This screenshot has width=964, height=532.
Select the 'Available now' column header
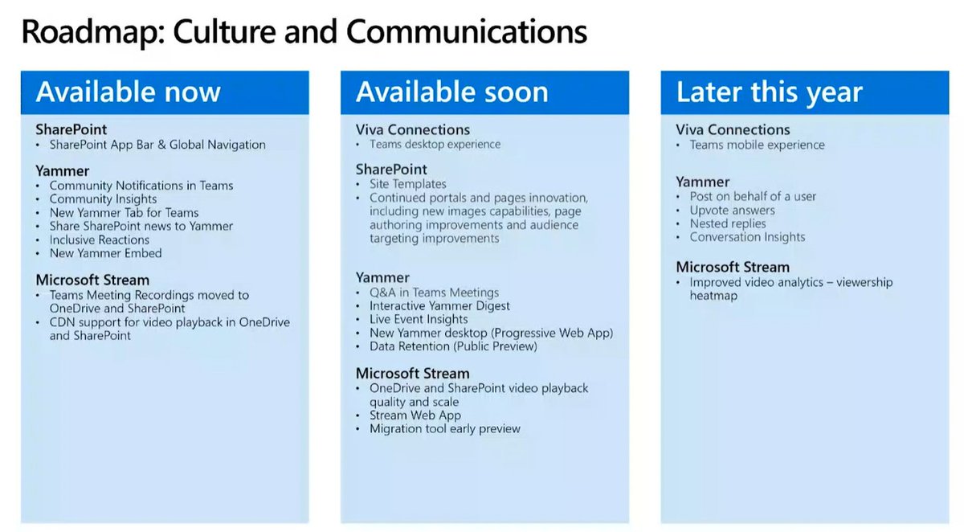point(128,92)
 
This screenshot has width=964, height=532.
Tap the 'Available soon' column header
point(451,92)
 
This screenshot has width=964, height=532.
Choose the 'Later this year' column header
point(769,92)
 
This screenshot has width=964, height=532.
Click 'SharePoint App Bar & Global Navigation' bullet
point(157,145)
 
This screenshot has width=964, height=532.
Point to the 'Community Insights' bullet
point(103,198)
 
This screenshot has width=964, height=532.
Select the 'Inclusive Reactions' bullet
point(100,239)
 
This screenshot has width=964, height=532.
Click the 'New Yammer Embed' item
point(105,253)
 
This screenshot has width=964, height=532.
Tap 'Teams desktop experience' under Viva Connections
point(435,144)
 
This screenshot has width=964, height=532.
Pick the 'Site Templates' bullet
point(407,184)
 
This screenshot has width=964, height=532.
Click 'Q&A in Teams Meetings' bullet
point(434,293)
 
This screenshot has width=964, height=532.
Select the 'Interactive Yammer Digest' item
point(439,306)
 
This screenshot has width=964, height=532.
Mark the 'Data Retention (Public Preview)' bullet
point(453,346)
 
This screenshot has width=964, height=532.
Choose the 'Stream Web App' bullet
point(415,415)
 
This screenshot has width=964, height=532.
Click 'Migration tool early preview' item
point(444,428)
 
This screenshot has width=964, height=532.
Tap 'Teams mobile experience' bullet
point(757,145)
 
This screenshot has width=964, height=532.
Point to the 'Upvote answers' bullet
point(732,211)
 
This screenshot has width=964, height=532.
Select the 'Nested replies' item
point(728,223)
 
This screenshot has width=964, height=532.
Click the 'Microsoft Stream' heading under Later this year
point(732,267)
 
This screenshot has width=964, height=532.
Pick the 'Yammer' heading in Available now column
point(62,170)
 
